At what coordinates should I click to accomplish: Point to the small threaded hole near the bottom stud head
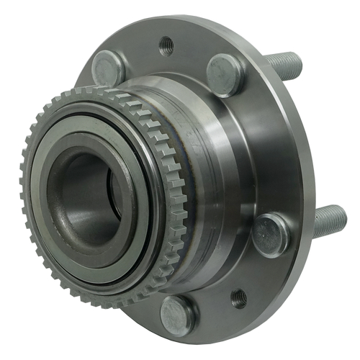tap(238, 297)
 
